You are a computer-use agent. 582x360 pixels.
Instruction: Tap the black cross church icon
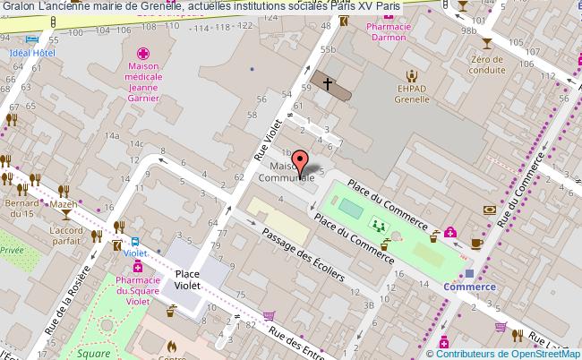tap(328, 84)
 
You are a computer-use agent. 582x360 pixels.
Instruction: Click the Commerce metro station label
tap(469, 287)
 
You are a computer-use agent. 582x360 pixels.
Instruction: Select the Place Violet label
tap(188, 279)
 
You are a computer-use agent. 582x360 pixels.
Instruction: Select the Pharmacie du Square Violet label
tap(142, 292)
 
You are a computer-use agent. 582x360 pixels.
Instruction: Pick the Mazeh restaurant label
tap(63, 204)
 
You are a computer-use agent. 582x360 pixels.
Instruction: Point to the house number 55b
tap(328, 48)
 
